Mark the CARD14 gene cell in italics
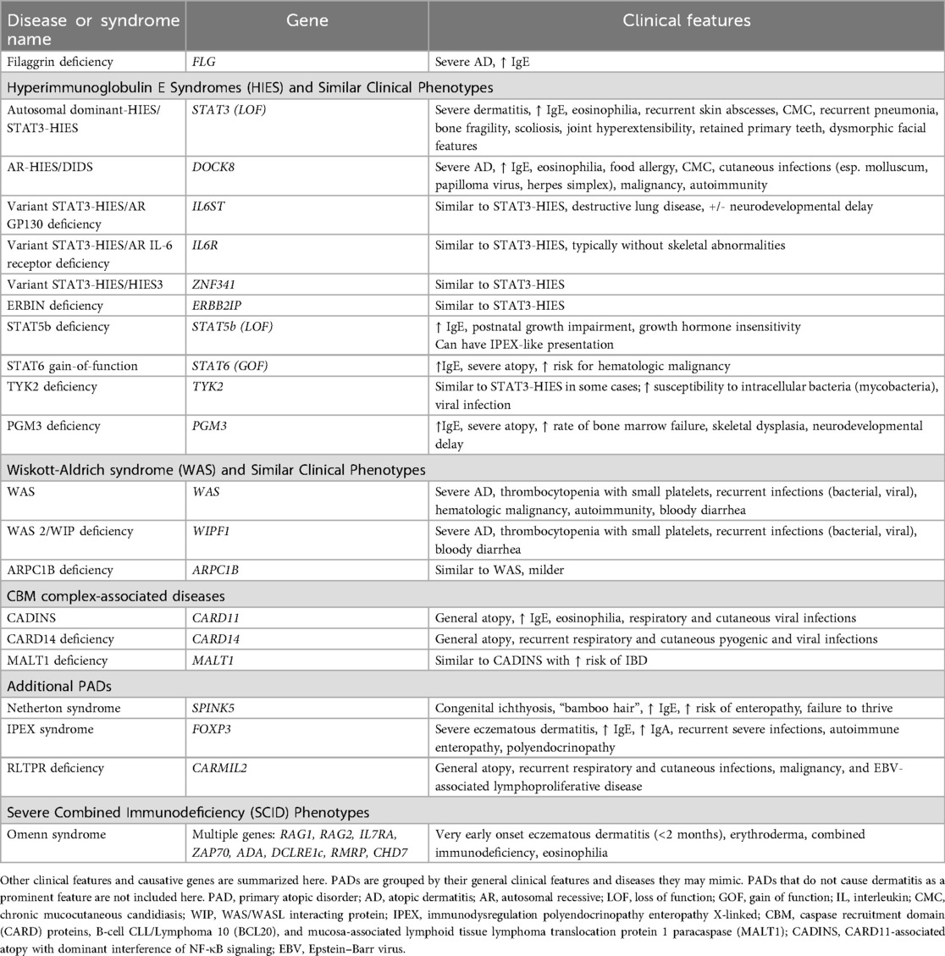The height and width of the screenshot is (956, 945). click(x=218, y=638)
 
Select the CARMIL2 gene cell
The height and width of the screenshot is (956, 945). click(x=221, y=768)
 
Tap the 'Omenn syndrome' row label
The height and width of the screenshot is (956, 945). click(x=57, y=834)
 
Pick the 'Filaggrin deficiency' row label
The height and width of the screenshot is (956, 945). click(x=59, y=61)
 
